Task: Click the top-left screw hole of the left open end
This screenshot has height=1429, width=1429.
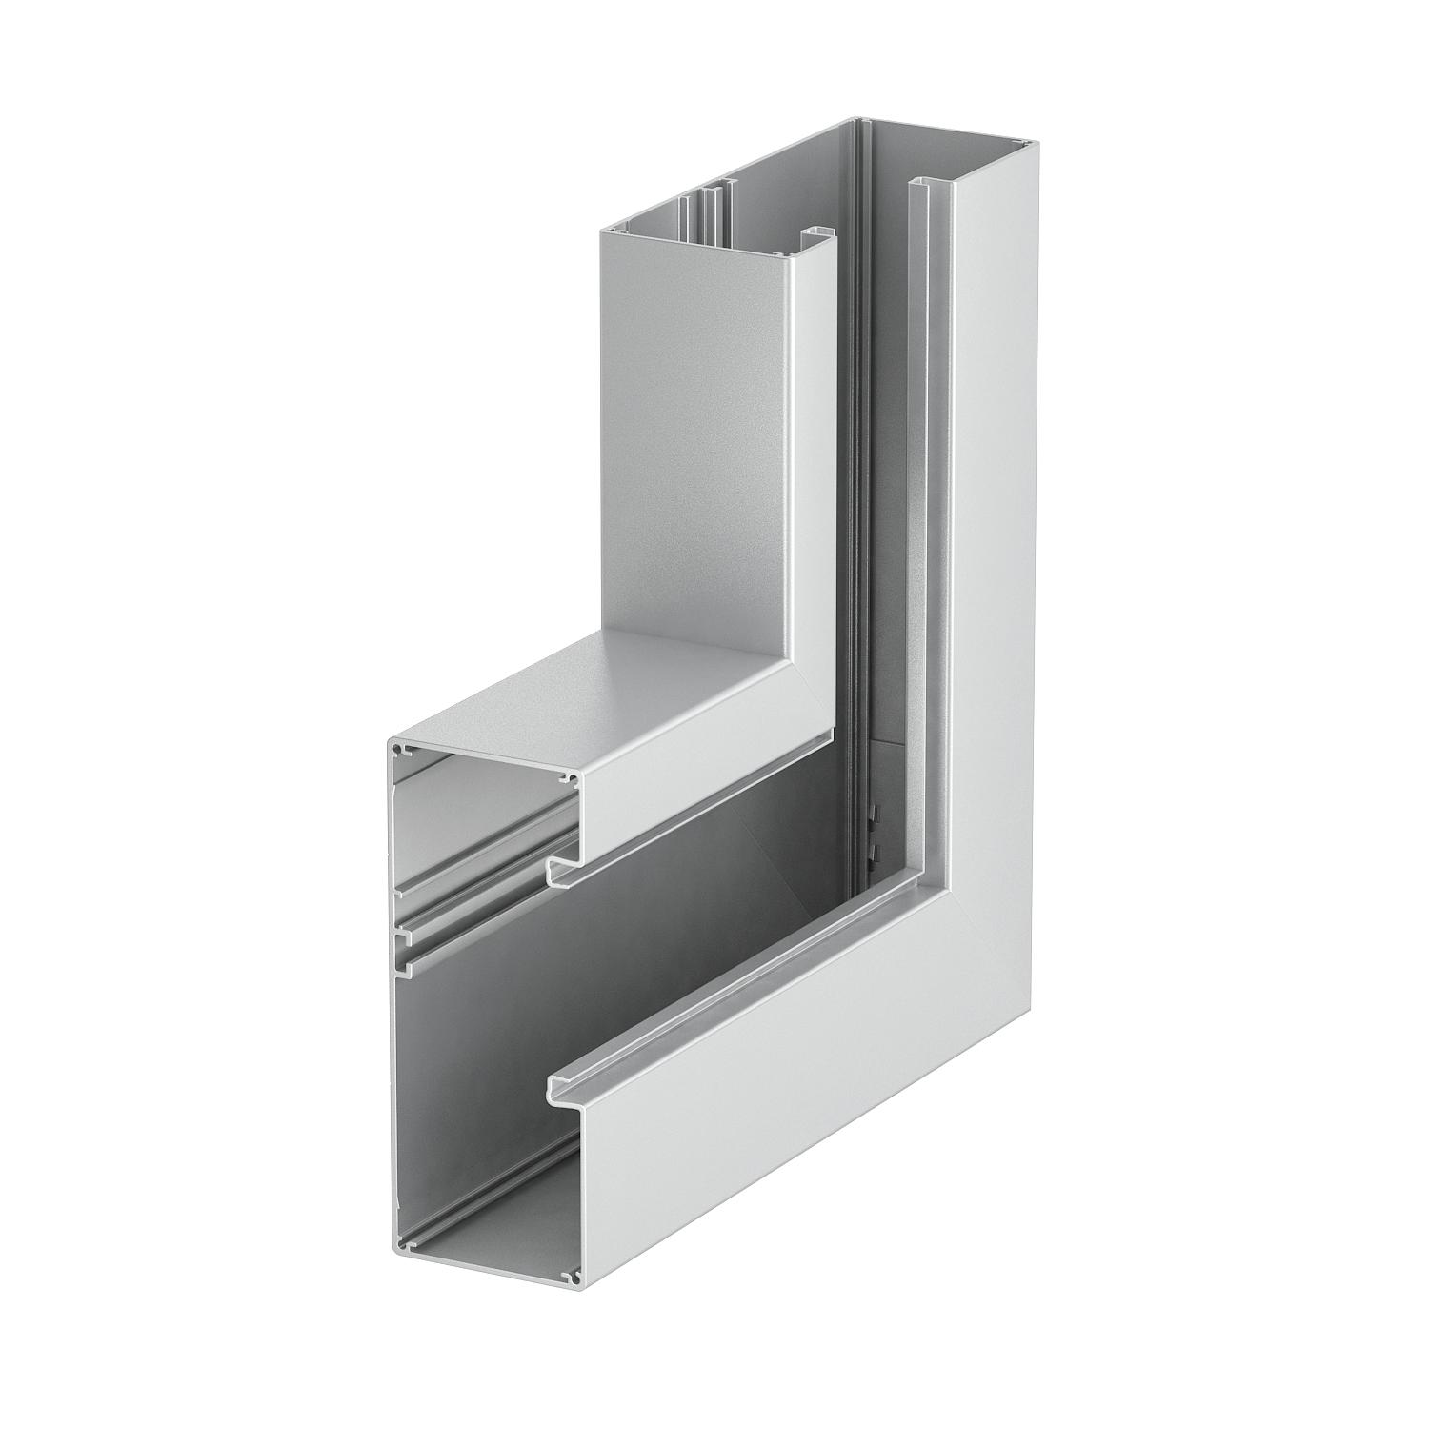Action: tap(401, 753)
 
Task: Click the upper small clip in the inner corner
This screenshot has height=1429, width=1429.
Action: tap(873, 815)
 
